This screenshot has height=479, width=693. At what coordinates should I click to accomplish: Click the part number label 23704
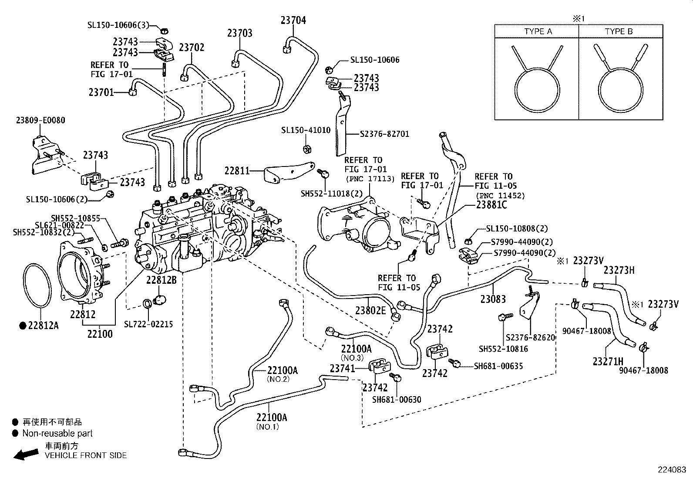[293, 20]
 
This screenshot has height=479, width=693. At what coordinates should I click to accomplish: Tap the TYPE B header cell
[621, 31]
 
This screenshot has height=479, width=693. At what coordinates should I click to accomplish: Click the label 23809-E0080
[40, 120]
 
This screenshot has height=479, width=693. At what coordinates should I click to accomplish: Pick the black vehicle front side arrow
[26, 454]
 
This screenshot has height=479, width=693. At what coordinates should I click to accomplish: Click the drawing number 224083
[672, 470]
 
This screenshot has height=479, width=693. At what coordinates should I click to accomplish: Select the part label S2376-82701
[384, 134]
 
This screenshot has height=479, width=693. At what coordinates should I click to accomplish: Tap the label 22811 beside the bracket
[237, 171]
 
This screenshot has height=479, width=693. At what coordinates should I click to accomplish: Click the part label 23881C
[491, 205]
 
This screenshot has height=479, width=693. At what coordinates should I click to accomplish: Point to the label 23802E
[370, 310]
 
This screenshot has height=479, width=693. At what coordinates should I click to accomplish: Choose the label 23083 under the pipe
[493, 299]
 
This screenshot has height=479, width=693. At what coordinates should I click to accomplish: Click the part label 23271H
[608, 361]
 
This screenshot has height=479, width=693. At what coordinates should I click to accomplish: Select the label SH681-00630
[397, 400]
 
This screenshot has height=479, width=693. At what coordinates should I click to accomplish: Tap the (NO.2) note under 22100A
[278, 379]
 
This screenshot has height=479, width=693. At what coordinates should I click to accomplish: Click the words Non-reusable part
[57, 433]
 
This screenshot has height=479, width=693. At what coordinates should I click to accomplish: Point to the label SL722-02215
[148, 324]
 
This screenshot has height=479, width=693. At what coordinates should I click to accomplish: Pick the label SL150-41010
[306, 130]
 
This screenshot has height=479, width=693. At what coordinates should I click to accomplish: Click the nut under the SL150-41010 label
[307, 149]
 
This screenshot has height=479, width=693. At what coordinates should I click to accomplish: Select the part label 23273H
[619, 270]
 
